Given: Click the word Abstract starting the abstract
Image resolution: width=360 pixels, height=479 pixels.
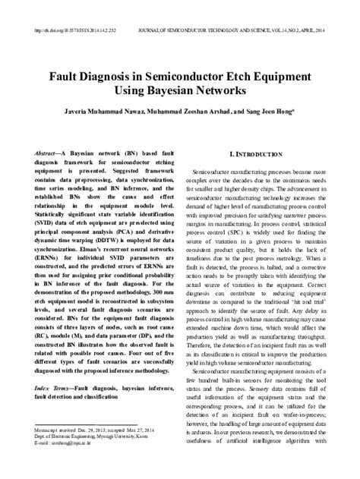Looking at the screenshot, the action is (51, 154).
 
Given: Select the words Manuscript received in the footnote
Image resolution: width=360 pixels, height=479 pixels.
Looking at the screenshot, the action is (56, 429).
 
